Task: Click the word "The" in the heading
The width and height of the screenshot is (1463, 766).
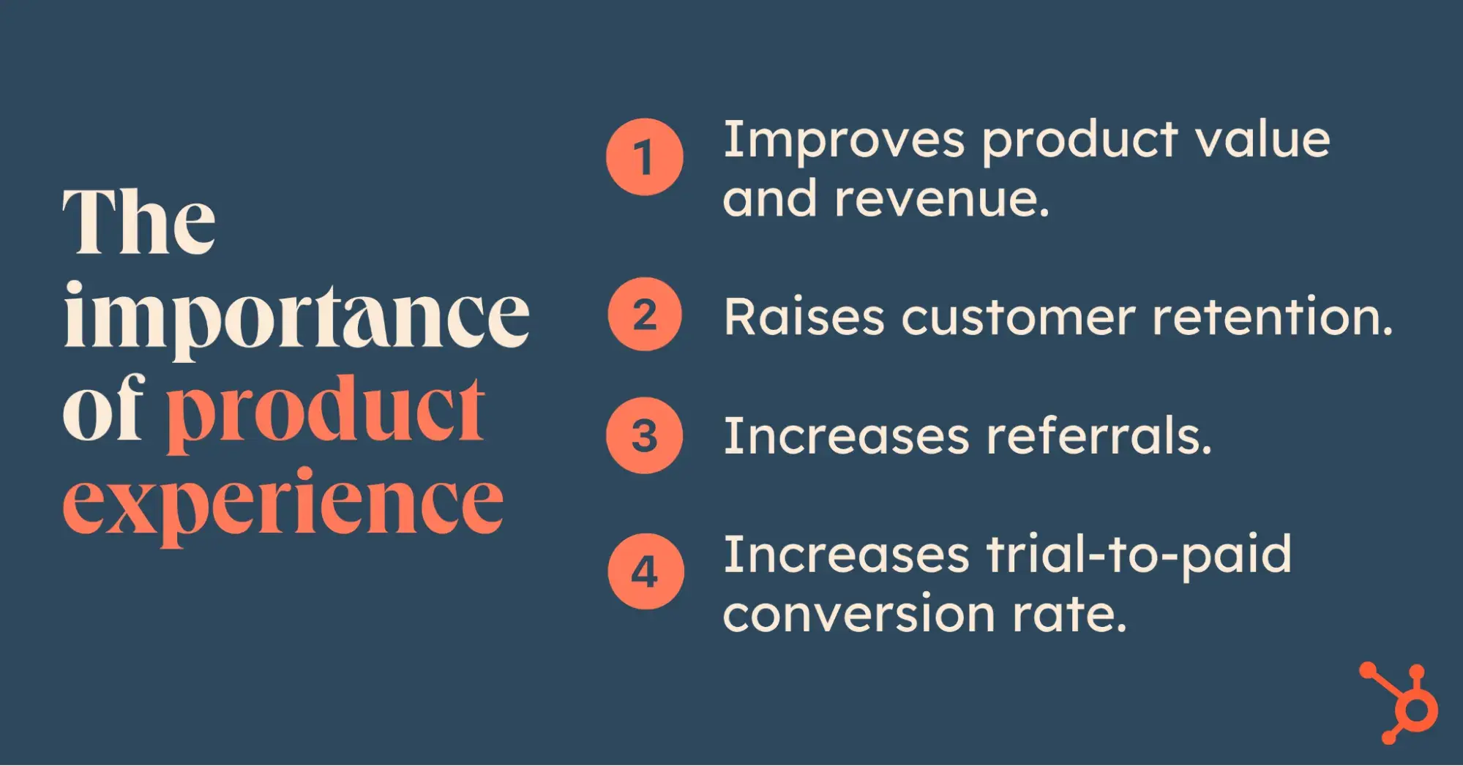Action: [139, 221]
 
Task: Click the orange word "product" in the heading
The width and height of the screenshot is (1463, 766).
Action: [326, 414]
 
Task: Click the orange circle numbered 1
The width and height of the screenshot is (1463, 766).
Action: [644, 157]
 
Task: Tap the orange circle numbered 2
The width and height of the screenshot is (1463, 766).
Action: [644, 315]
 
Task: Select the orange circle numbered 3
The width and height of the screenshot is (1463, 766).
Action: [644, 435]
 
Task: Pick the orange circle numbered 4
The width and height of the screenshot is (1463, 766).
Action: [645, 571]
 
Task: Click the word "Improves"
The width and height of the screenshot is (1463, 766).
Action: [844, 140]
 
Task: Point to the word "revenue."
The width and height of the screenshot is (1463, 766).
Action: [942, 200]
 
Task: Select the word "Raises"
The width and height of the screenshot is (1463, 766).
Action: [804, 318]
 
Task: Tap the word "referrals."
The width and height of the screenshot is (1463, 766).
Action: [1099, 435]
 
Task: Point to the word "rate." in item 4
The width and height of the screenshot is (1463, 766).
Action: [1070, 614]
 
